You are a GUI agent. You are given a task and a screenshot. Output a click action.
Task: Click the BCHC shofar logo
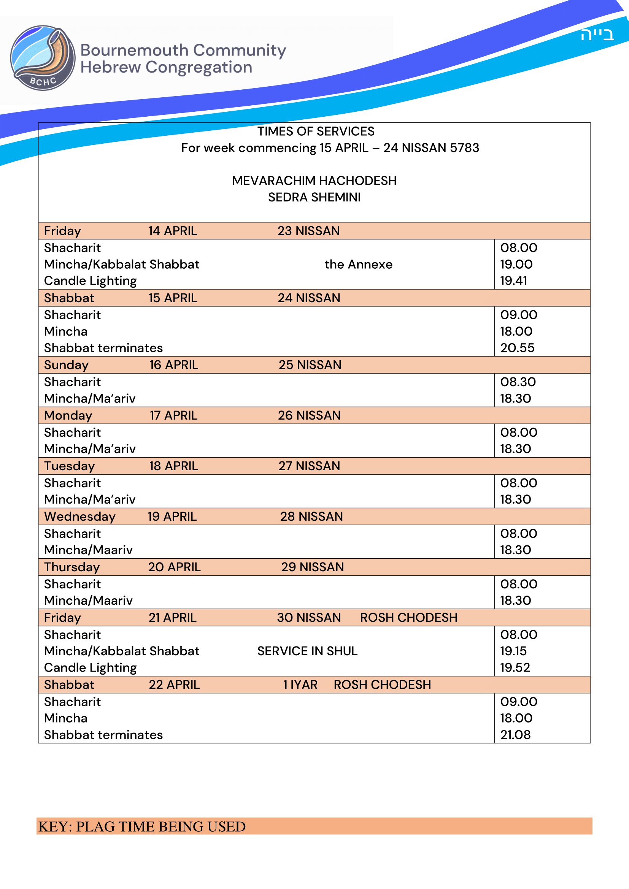(43, 58)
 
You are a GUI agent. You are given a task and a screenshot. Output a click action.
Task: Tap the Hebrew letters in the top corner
(597, 35)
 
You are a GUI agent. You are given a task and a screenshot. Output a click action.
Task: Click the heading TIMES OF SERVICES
(316, 131)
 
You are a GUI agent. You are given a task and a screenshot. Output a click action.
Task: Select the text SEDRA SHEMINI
(314, 197)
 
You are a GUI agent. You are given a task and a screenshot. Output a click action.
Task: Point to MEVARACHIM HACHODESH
(314, 181)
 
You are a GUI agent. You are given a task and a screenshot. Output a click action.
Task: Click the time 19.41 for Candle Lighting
(513, 281)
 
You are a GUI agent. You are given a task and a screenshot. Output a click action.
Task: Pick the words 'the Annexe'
(358, 264)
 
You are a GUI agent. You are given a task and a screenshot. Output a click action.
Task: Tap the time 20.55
(517, 348)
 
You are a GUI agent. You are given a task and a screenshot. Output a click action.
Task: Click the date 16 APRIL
(173, 365)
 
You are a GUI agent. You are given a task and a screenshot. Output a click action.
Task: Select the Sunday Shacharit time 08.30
(518, 382)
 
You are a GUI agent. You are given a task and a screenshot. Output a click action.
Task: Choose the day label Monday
(68, 415)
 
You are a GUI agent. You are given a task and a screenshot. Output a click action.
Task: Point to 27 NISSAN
(309, 466)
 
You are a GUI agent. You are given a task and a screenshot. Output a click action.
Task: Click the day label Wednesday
(80, 517)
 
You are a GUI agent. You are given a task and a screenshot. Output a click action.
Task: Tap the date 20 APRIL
(174, 567)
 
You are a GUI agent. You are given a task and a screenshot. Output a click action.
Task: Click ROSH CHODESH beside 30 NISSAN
(408, 618)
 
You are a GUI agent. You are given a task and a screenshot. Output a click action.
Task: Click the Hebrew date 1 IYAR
(300, 685)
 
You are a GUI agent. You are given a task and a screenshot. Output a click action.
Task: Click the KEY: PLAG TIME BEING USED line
(142, 827)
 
